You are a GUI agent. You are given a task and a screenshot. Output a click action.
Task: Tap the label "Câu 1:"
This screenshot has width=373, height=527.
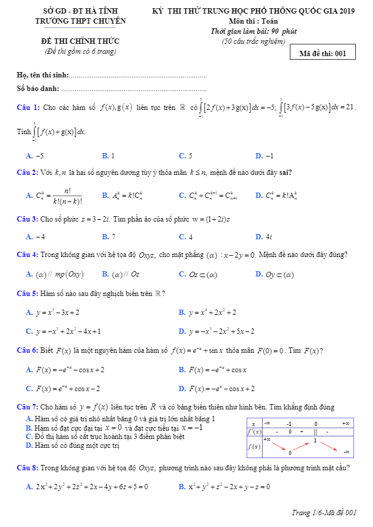(28, 107)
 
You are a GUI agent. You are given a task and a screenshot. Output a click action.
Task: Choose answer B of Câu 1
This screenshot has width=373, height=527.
(109, 156)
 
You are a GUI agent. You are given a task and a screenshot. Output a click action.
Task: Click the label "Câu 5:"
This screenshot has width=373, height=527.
(28, 293)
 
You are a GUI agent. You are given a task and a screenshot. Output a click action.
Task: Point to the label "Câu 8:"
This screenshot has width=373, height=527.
(28, 468)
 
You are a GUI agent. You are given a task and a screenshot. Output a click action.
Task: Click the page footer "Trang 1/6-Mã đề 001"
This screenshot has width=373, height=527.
(324, 512)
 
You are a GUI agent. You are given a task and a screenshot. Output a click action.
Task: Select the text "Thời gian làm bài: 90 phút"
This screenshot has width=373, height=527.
(253, 31)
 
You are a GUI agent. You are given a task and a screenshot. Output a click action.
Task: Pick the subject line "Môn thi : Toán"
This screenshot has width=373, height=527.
(253, 21)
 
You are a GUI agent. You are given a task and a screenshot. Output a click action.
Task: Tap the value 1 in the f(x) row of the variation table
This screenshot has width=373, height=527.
(316, 441)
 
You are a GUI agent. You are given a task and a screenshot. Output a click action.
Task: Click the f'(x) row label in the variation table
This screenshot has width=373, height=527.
(253, 432)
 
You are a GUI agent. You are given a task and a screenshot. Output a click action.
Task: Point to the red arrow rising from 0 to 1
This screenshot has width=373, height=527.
(303, 446)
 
